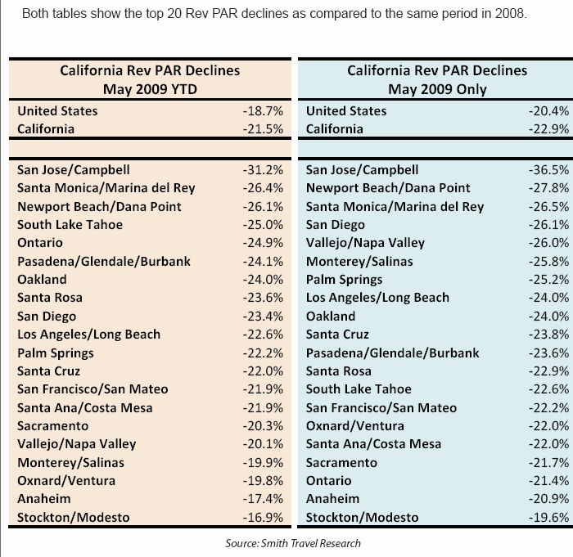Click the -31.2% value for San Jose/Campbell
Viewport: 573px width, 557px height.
[x=260, y=169]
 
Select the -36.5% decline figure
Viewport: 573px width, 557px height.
[x=548, y=169]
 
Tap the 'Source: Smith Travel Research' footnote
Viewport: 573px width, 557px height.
[x=292, y=542]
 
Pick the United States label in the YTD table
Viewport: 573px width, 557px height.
[x=57, y=110]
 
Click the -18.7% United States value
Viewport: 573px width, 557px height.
[x=260, y=110]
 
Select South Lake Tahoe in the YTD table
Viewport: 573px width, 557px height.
[x=70, y=224]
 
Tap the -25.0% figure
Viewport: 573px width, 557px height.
[x=260, y=224]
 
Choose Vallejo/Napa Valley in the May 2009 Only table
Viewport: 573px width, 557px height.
[x=364, y=243]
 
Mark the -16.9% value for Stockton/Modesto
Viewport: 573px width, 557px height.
[x=260, y=517]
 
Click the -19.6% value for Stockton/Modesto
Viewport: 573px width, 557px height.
[x=548, y=517]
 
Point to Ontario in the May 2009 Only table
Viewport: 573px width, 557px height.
[x=328, y=480]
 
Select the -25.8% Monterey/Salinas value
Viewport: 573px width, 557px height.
[x=548, y=261]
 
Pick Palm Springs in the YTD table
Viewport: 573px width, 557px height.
[x=55, y=353]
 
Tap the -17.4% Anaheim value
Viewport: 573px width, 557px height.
[x=260, y=498]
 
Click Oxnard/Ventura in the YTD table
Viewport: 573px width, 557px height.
[x=66, y=480]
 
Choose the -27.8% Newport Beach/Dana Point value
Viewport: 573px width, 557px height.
[x=548, y=187]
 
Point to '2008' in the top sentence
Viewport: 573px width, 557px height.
[x=511, y=15]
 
